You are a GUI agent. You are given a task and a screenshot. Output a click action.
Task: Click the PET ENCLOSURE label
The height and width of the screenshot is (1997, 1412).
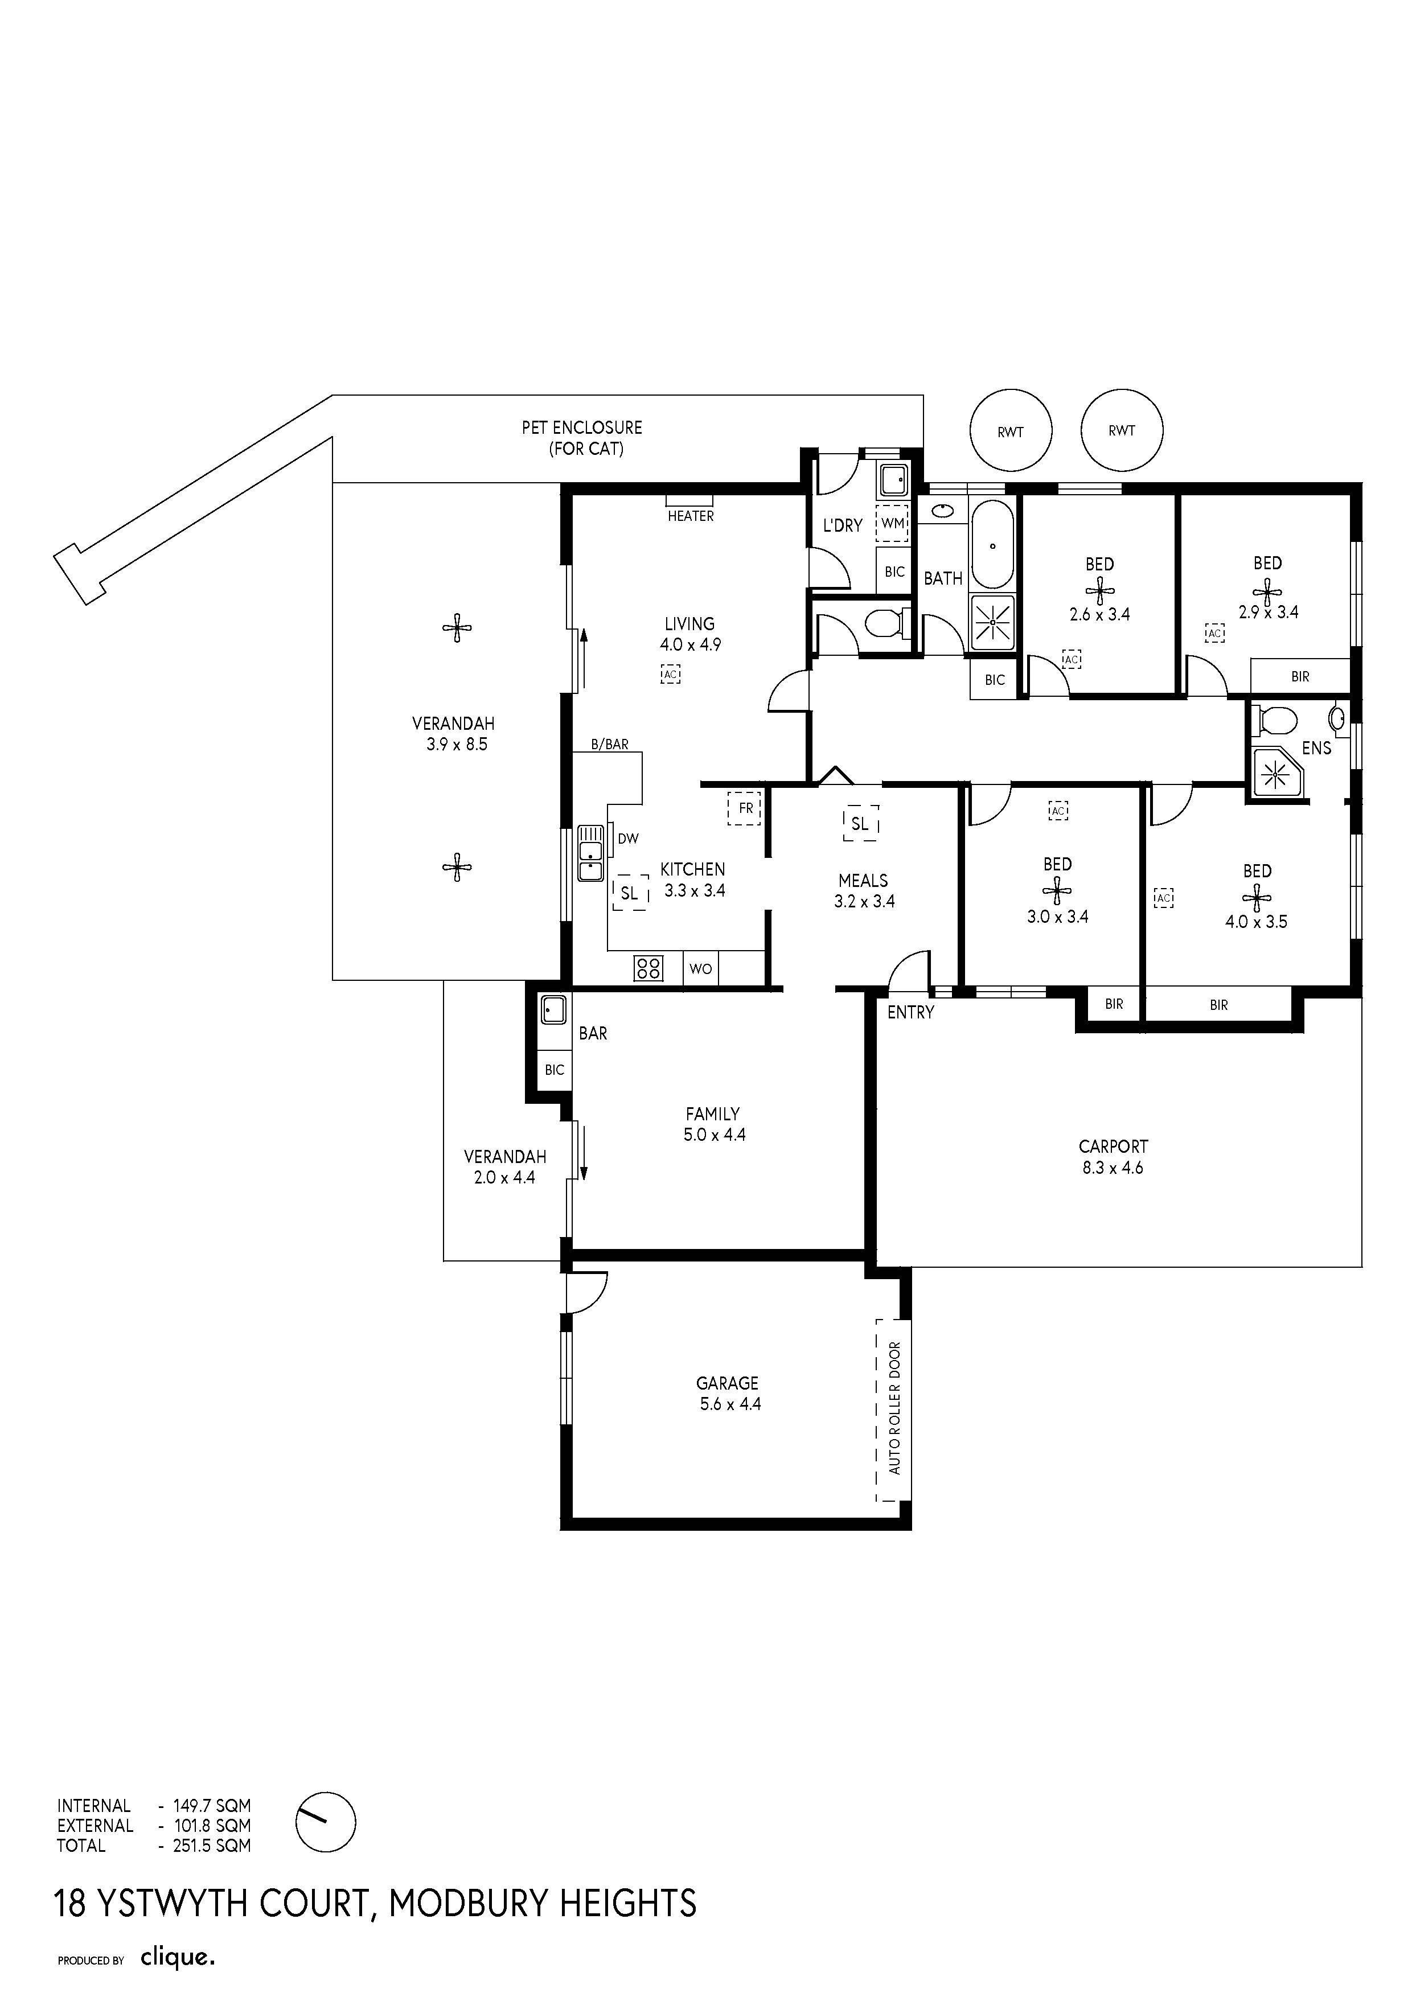click(x=582, y=438)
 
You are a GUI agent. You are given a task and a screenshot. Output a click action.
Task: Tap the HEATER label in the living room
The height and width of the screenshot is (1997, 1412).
click(x=691, y=516)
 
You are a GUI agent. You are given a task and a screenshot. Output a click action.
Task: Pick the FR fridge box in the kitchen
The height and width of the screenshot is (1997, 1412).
click(x=745, y=808)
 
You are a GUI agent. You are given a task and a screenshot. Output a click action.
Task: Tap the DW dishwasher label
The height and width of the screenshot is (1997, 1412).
click(x=628, y=839)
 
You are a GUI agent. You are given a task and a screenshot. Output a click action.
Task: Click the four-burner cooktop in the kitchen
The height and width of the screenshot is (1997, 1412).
click(x=648, y=968)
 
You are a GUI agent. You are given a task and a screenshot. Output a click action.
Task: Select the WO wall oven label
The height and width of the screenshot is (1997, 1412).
click(x=700, y=969)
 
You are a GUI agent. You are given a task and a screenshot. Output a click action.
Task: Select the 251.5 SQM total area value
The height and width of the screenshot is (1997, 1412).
click(x=211, y=1846)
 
